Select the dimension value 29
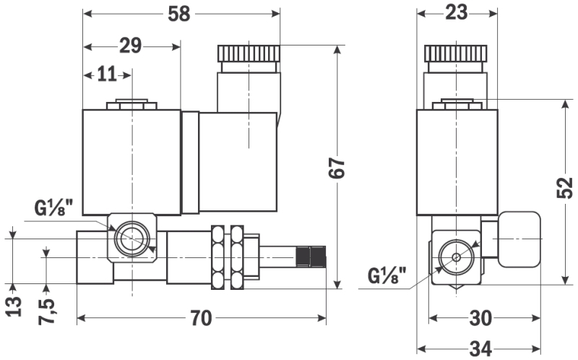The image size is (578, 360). pyautogui.click(x=130, y=46)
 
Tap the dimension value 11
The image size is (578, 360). pyautogui.click(x=106, y=74)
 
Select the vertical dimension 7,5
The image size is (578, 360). pyautogui.click(x=46, y=309)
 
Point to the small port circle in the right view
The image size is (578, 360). pyautogui.click(x=456, y=257)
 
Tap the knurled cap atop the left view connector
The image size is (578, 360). pyautogui.click(x=249, y=53)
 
